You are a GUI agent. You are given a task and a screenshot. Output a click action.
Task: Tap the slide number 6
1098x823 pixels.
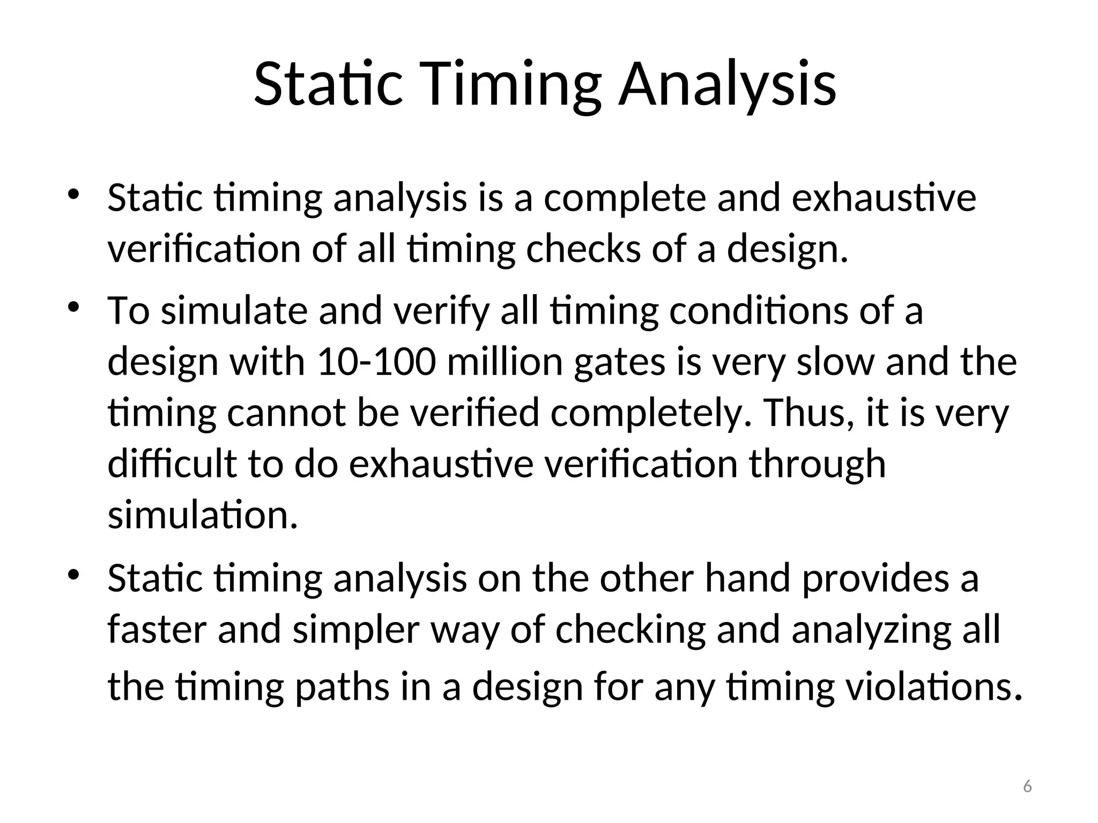pos(1027,786)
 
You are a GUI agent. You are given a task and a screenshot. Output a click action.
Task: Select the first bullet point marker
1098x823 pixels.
pos(73,193)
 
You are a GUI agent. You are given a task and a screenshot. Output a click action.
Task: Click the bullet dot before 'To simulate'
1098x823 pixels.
pos(73,306)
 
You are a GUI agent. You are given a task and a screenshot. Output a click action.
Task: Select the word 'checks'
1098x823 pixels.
pos(583,250)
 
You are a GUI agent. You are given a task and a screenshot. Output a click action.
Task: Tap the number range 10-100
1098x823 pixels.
pos(376,362)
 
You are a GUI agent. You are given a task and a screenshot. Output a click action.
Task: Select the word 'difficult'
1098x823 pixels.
pos(172,464)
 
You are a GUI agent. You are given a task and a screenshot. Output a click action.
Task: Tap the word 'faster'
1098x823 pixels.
pos(157,630)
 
